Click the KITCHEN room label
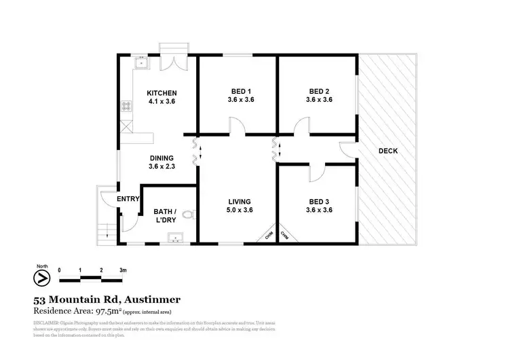tap(162, 93)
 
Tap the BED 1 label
tap(240, 92)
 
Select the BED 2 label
tap(319, 92)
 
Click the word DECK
tap(388, 151)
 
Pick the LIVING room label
tap(240, 202)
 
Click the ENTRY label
tap(128, 199)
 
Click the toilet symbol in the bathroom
tap(192, 215)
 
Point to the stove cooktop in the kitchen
tap(126, 106)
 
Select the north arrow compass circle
tap(41, 278)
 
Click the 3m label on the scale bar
tap(123, 270)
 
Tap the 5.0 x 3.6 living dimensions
tap(240, 210)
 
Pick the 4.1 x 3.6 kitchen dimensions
tap(162, 102)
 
